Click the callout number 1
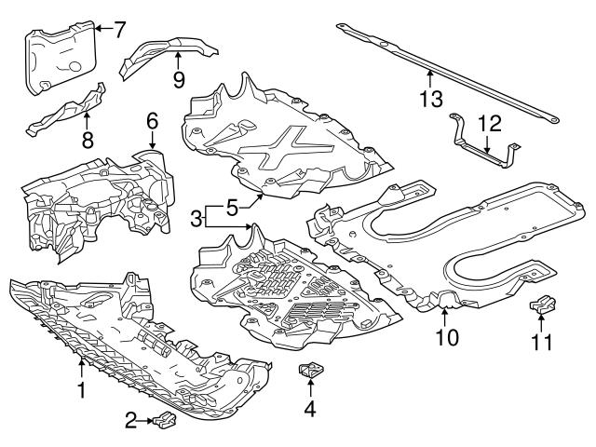click(x=82, y=391)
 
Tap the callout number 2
click(x=130, y=422)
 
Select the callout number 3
click(x=196, y=219)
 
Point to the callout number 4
click(x=309, y=407)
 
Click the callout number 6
click(x=153, y=120)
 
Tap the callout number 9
click(x=178, y=78)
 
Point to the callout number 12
click(x=490, y=122)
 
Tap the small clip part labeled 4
click(x=309, y=373)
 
